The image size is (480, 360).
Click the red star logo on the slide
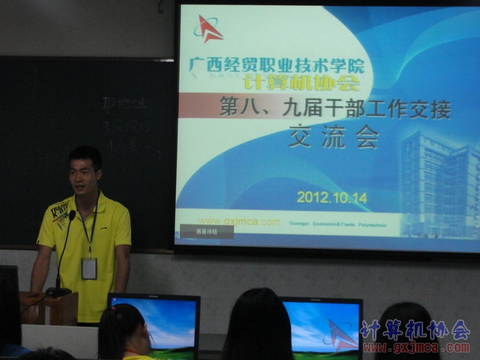(208, 29)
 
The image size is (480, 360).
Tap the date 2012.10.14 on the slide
(332, 197)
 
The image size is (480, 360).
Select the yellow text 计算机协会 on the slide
(301, 83)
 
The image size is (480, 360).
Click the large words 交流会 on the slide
(334, 136)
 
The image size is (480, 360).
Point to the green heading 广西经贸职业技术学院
(277, 66)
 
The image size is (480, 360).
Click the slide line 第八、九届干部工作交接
(335, 108)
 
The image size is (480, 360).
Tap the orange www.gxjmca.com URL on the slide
(239, 221)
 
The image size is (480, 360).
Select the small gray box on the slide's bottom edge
(206, 231)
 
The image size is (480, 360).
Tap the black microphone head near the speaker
(72, 215)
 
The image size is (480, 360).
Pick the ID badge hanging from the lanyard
(89, 268)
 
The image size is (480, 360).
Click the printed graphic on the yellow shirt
(60, 214)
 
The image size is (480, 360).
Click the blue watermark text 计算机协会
(415, 329)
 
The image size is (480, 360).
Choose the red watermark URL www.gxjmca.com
(416, 348)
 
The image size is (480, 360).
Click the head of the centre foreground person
(259, 322)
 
